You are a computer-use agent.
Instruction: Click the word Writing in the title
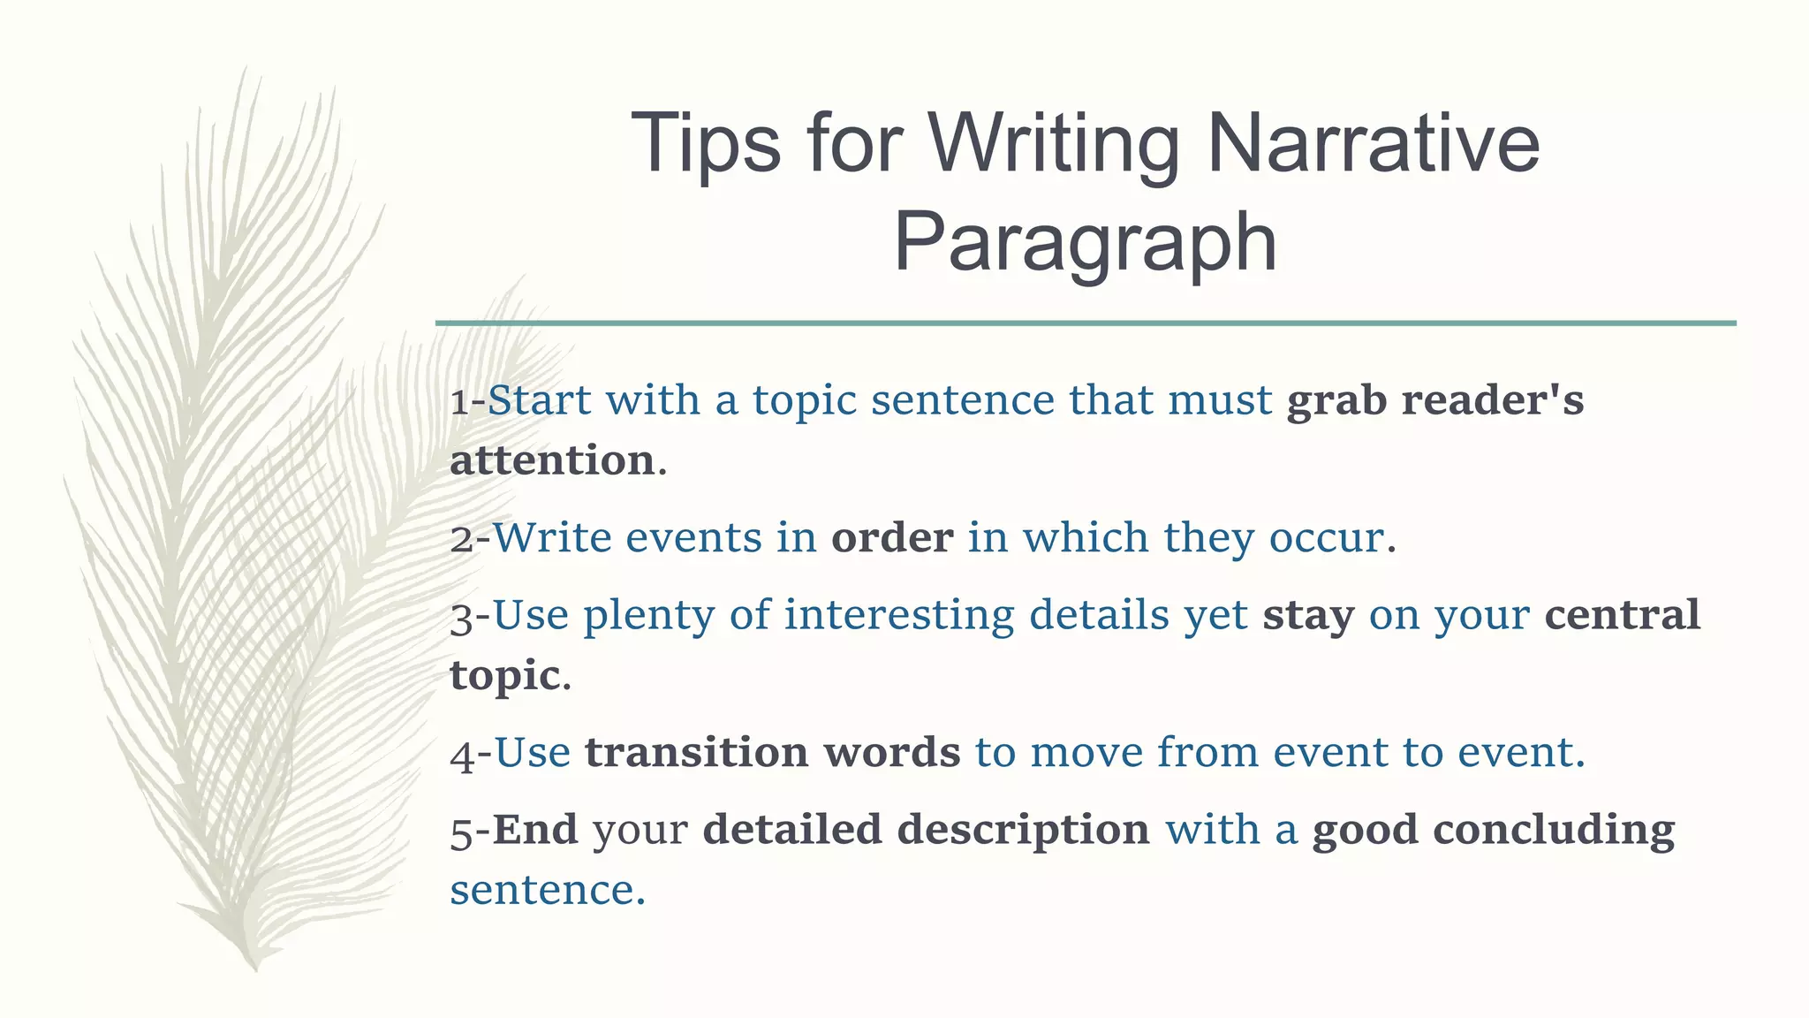coord(1053,144)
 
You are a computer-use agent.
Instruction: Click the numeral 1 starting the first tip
coord(459,402)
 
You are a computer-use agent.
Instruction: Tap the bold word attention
coord(552,461)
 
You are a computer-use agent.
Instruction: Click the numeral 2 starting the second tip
coord(462,539)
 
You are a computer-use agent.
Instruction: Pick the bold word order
coord(892,538)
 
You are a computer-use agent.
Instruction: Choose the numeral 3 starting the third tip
coord(462,618)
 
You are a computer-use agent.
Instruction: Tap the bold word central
coord(1622,615)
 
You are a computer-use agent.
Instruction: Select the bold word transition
coord(696,753)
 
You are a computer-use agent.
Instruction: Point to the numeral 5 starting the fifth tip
coord(462,832)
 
